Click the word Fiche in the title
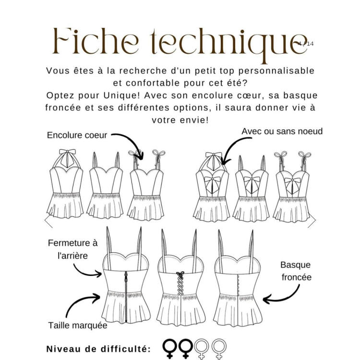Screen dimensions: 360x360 96,41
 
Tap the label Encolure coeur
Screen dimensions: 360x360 77,135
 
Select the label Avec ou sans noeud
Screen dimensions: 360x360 282,132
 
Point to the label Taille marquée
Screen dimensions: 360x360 78,325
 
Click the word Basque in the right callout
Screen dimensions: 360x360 295,265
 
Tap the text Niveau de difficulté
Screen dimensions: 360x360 98,349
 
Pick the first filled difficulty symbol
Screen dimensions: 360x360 169,348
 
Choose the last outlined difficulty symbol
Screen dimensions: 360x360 219,348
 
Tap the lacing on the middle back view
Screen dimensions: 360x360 180,283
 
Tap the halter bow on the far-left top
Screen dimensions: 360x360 67,153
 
